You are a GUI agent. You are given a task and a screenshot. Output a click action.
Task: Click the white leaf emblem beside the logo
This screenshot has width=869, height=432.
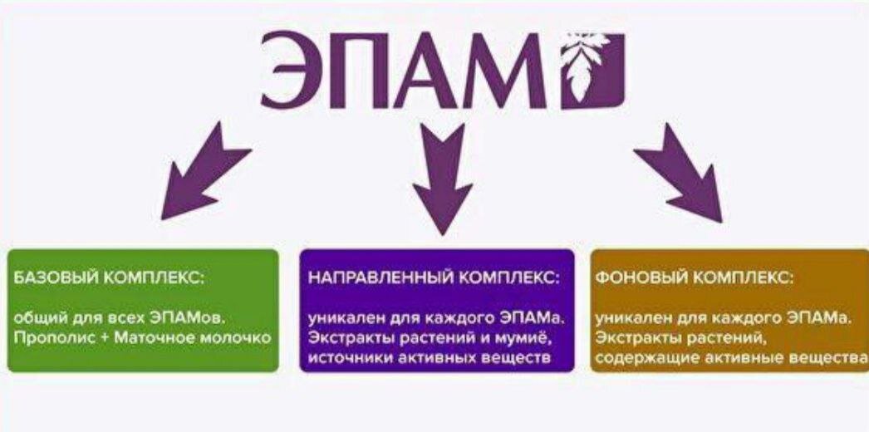pos(591,71)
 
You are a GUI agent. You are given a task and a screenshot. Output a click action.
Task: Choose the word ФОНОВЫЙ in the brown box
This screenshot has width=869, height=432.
pos(636,277)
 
